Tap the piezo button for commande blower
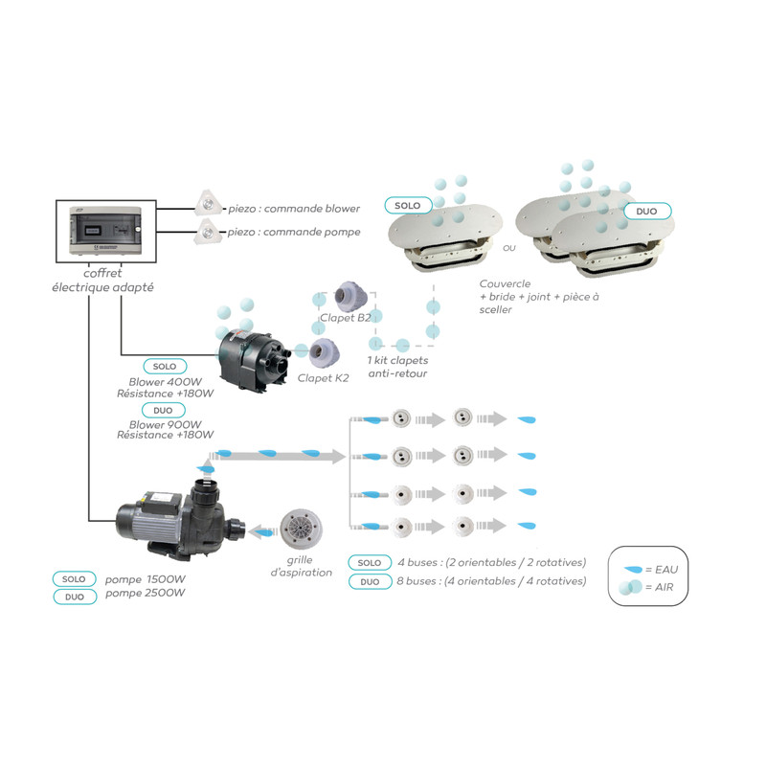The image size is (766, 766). (x=207, y=202)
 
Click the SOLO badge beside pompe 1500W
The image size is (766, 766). (x=77, y=579)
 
